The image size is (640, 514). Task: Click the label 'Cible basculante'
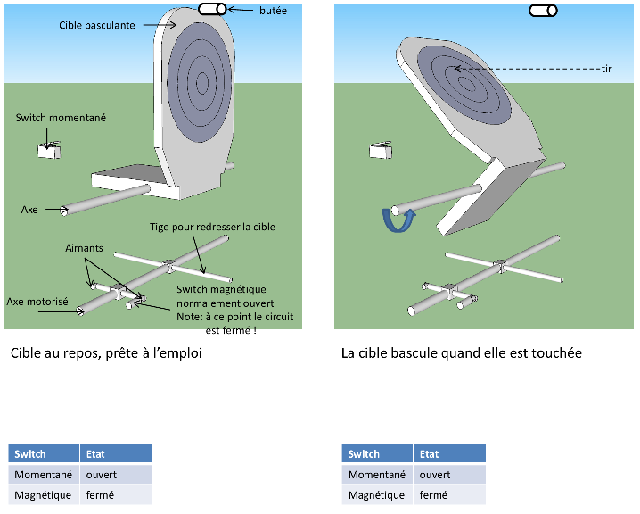click(97, 26)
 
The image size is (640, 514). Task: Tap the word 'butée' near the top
click(273, 10)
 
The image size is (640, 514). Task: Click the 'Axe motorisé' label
click(37, 302)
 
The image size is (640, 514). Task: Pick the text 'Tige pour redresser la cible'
click(212, 227)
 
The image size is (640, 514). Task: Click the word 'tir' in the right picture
click(605, 69)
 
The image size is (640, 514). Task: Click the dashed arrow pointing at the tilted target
click(526, 69)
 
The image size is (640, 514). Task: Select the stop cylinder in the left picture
click(212, 10)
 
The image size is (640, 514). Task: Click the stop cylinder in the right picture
click(543, 11)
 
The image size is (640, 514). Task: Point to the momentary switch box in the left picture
click(48, 150)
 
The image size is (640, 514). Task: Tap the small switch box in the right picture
click(382, 150)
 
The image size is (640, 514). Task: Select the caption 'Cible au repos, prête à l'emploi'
click(107, 353)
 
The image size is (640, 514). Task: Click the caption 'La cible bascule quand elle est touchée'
click(462, 353)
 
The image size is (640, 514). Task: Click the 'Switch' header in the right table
click(364, 453)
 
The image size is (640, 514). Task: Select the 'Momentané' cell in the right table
click(377, 475)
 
